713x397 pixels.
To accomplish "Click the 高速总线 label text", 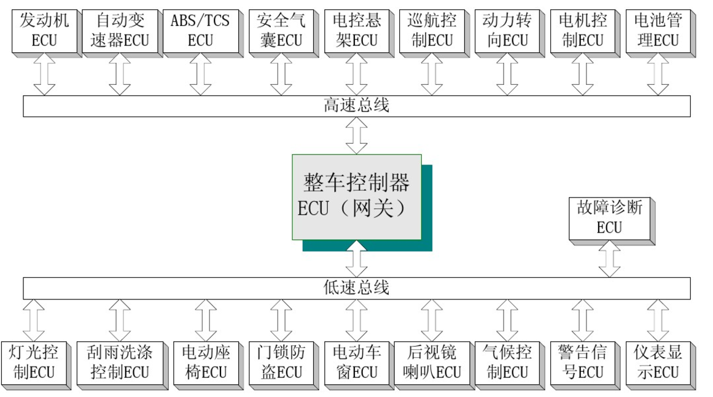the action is (356, 106).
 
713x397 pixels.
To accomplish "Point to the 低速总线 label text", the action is (356, 287).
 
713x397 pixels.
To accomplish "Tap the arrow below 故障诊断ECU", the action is (609, 258).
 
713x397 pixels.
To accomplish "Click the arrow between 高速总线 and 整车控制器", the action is (356, 136).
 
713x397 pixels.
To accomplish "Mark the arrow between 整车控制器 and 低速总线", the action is (356, 258).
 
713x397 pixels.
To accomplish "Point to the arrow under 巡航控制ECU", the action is (432, 74).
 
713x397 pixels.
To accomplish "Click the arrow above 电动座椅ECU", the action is (206, 320).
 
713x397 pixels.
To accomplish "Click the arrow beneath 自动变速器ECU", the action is (120, 74).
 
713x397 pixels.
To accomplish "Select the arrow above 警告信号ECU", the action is (582, 320).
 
